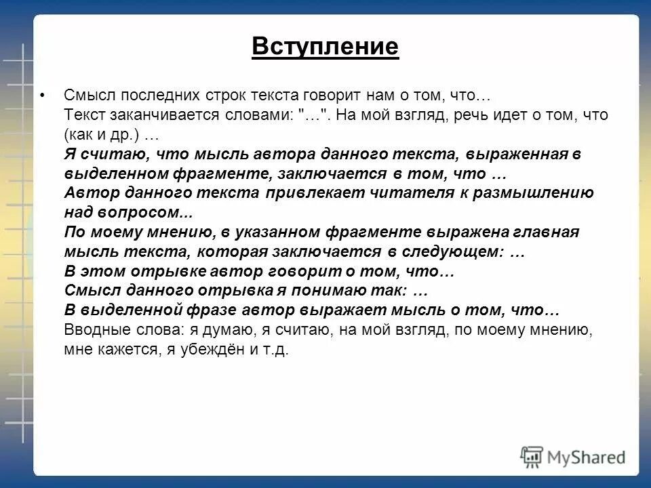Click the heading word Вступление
click(325, 47)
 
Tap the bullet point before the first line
click(43, 96)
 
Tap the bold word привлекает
click(308, 192)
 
